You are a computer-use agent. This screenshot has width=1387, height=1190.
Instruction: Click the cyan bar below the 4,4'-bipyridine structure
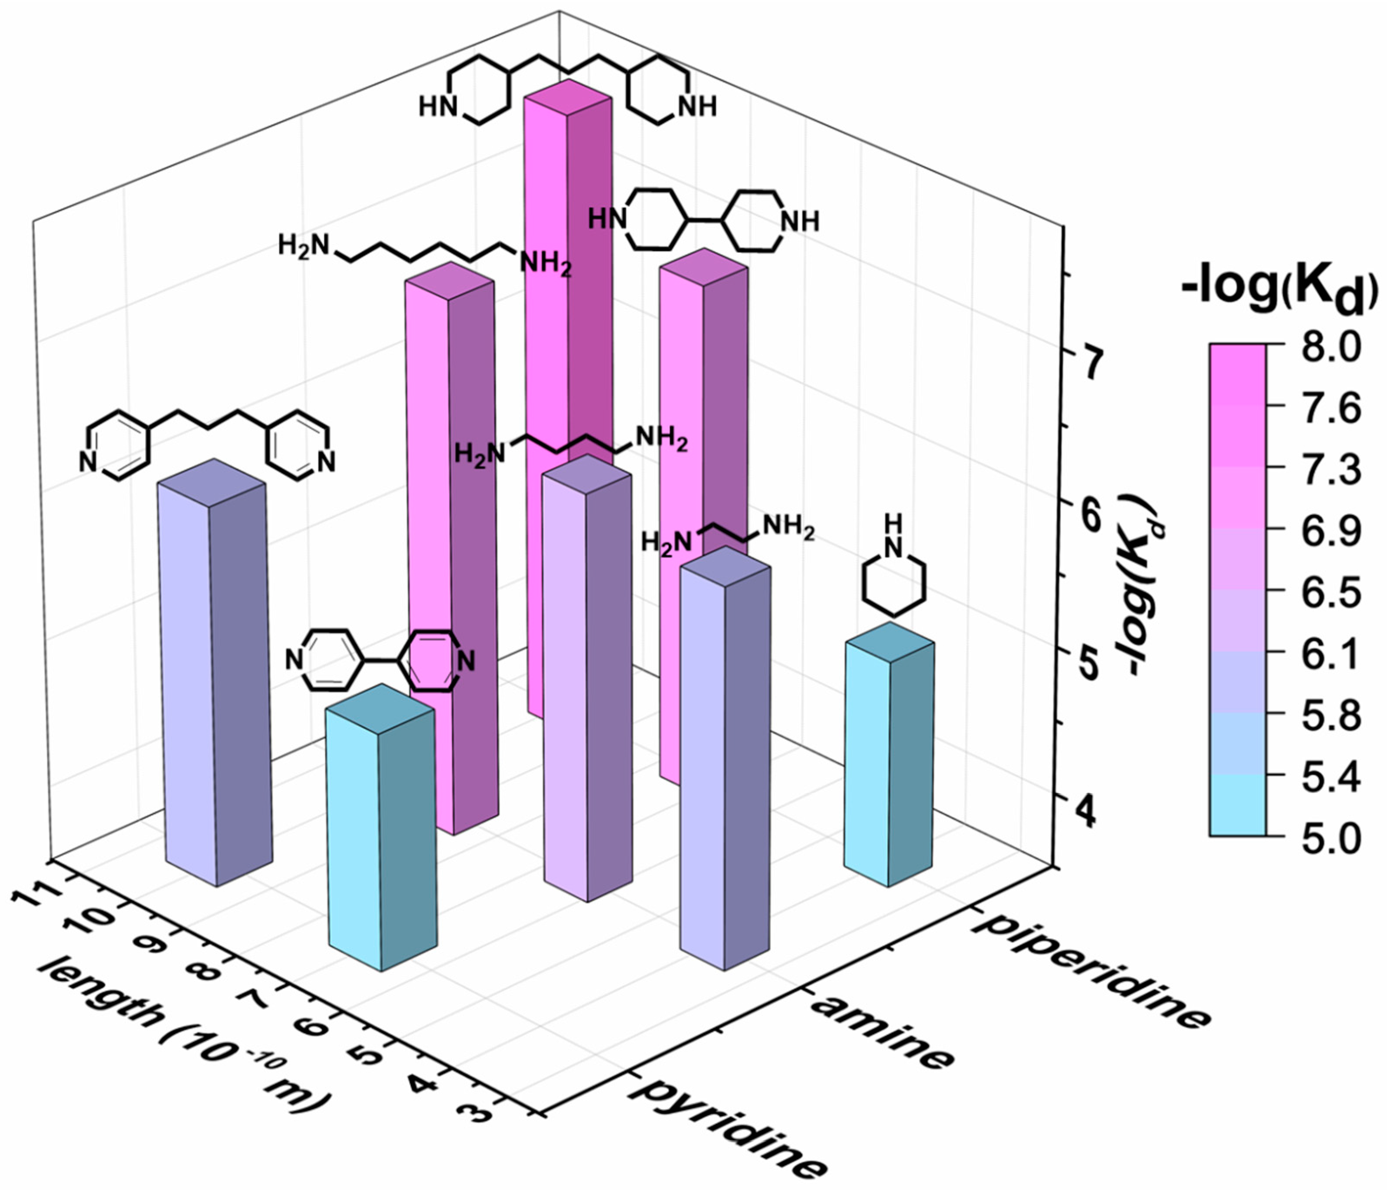pyautogui.click(x=381, y=837)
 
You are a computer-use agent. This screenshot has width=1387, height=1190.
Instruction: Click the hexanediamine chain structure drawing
pyautogui.click(x=425, y=255)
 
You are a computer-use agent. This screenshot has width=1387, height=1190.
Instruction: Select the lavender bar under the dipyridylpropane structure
pyautogui.click(x=214, y=676)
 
